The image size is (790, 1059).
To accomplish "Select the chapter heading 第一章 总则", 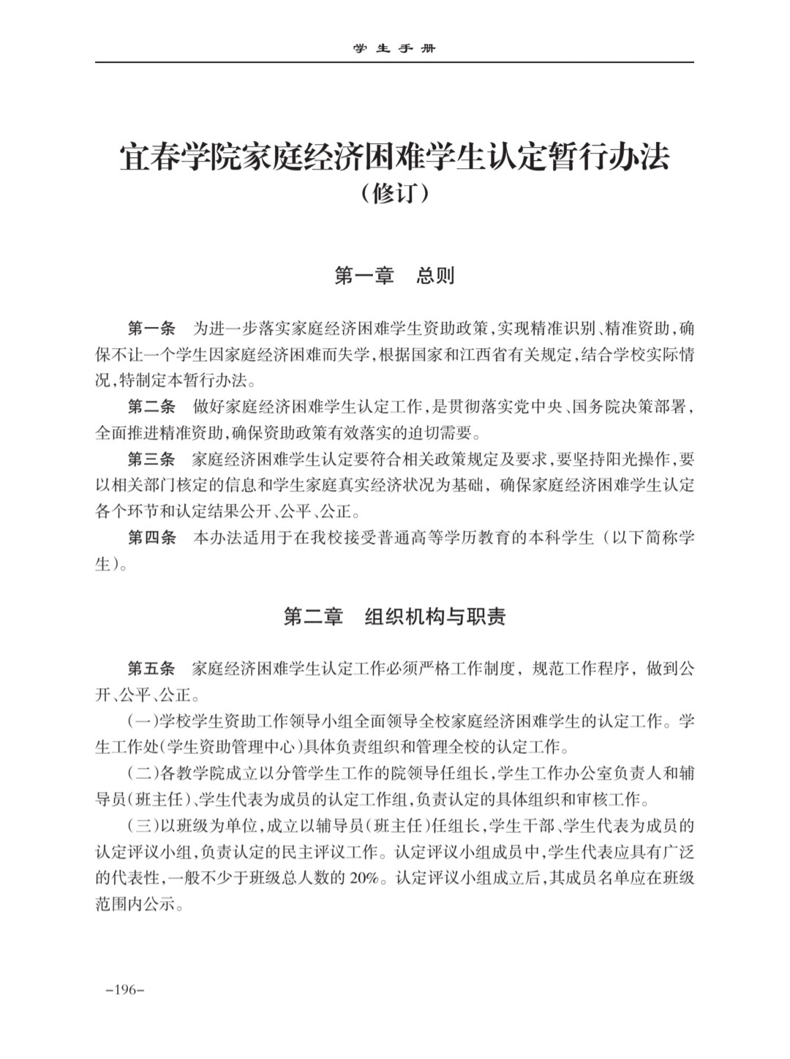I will tap(394, 276).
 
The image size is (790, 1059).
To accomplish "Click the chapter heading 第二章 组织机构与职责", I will tap(394, 617).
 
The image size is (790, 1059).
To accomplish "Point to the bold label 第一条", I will tap(151, 326).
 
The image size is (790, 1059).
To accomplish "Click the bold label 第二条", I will tap(151, 407).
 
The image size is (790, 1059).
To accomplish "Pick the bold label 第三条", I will tap(151, 460).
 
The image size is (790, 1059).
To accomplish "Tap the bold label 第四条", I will tap(151, 538).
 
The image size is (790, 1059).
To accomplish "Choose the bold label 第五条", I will tap(151, 668).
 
